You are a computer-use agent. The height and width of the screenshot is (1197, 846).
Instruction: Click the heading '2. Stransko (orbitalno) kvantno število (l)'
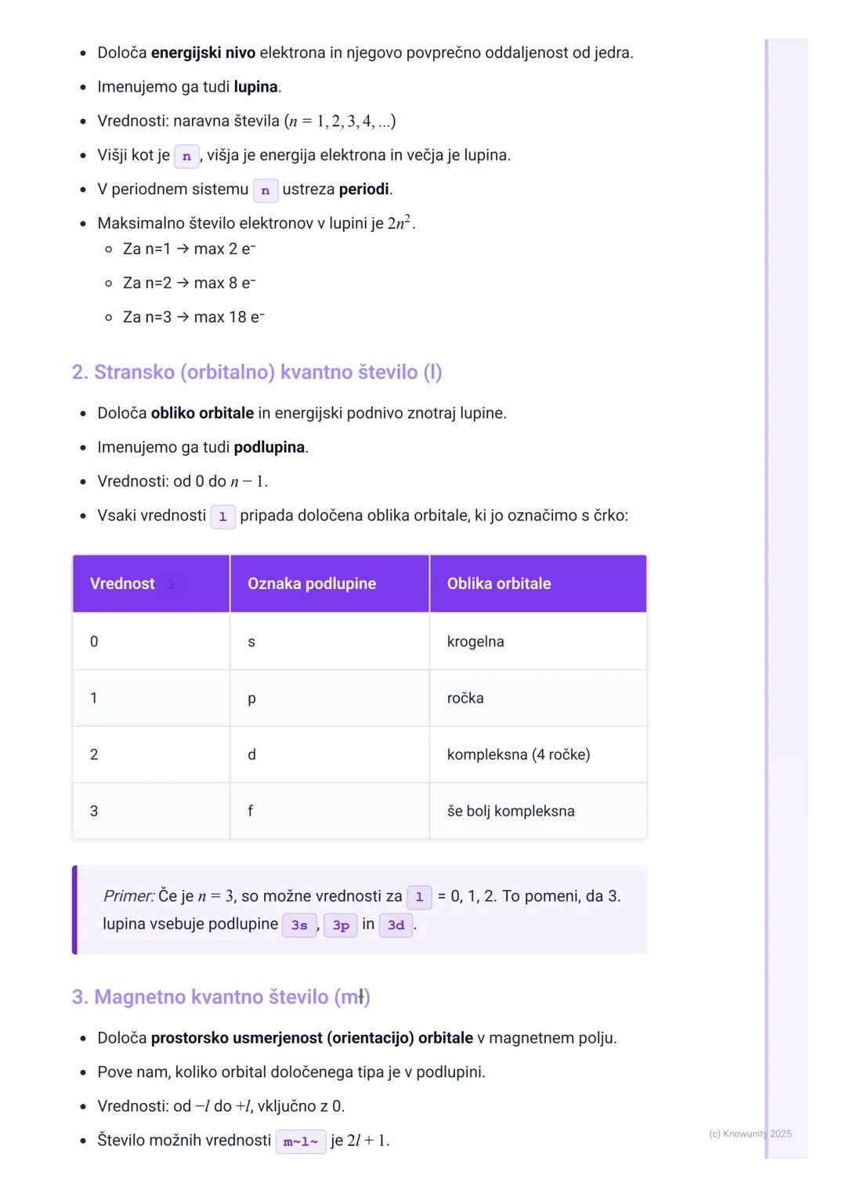(257, 372)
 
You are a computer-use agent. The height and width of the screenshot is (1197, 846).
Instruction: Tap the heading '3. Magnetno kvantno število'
(221, 997)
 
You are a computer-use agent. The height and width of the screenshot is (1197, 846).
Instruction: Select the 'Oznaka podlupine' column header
(312, 584)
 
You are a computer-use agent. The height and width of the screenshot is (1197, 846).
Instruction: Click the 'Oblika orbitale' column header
(499, 584)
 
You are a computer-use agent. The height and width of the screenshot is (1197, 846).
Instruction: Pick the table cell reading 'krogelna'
(475, 642)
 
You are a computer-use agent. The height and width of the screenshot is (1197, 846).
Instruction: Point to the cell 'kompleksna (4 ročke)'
(519, 754)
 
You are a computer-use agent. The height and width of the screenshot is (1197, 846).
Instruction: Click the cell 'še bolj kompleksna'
(511, 811)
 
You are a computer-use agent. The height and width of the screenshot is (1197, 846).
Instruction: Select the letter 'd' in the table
(251, 754)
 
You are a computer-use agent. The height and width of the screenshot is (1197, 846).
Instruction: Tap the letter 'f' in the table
(250, 811)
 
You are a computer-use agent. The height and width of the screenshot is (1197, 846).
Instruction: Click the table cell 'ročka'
(465, 698)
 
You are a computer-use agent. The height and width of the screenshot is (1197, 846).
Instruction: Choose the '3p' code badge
(341, 925)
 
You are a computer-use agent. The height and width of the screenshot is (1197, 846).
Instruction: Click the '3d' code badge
(396, 925)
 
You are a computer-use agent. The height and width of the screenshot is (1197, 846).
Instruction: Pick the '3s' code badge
(299, 925)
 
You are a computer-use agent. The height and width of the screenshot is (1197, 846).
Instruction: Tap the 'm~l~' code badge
(301, 1141)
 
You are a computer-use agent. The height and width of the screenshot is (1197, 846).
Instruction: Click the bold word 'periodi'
(363, 190)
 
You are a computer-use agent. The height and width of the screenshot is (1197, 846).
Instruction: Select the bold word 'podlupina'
(269, 447)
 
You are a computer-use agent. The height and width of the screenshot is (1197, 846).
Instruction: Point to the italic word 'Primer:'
(128, 896)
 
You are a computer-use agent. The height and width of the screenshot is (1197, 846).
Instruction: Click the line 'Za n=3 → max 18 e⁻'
(193, 317)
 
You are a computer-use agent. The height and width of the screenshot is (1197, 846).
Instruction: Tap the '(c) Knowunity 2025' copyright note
(750, 1134)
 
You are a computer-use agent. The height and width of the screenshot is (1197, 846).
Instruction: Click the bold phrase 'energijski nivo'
(203, 53)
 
